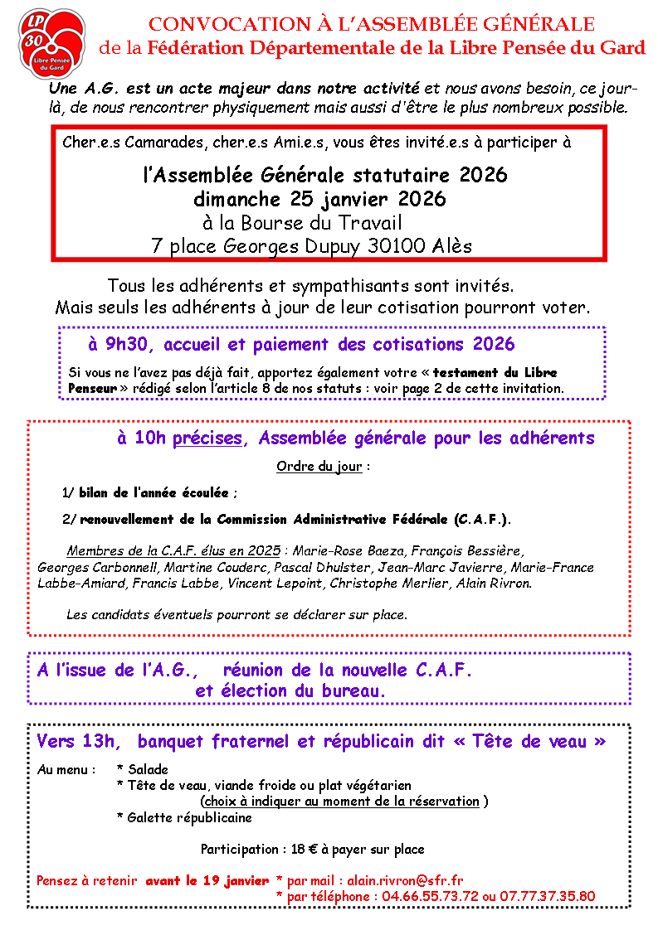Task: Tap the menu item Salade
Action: point(148,769)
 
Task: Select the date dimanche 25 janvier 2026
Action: point(319,199)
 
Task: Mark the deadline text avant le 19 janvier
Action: point(207,880)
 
